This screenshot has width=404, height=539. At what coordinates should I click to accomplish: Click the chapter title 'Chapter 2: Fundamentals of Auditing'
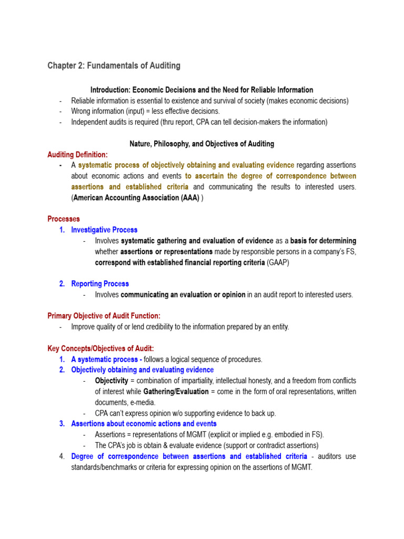(114, 66)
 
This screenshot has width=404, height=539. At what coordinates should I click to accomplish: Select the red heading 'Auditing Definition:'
(77, 155)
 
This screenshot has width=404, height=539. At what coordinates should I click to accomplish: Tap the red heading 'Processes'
(64, 219)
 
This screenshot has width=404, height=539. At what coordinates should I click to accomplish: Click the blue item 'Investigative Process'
(104, 229)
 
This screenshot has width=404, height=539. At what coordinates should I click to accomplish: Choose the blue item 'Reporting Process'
(100, 284)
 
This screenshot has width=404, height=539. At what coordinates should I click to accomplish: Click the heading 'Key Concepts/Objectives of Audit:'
(100, 348)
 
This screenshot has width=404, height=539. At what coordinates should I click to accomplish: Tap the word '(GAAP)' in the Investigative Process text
(278, 262)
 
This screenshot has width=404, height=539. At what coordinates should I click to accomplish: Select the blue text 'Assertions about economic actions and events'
(144, 424)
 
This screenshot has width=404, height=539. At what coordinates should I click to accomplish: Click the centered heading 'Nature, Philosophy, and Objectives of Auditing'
(201, 144)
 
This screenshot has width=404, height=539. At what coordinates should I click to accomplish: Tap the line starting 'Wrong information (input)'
(145, 112)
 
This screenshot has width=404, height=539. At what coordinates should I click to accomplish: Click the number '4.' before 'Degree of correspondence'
(62, 456)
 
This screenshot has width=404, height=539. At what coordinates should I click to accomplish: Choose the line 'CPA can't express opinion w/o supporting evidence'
(185, 413)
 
